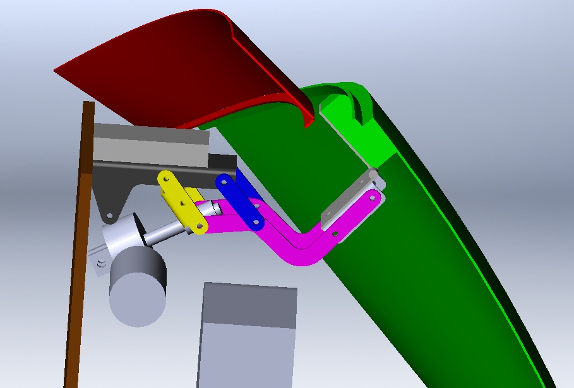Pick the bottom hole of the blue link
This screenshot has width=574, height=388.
[x=256, y=221]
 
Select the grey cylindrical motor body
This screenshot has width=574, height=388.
[x=138, y=287]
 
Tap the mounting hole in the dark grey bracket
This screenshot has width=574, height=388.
[x=110, y=216]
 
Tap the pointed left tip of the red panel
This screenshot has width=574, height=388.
[x=57, y=70]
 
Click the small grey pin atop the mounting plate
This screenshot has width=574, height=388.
[x=373, y=172]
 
